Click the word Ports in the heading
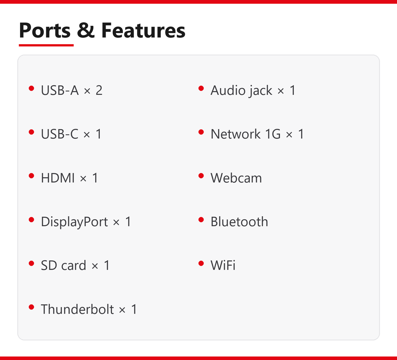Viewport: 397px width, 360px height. click(x=45, y=30)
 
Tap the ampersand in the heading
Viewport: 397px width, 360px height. click(x=86, y=30)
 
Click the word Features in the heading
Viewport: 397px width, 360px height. click(x=143, y=30)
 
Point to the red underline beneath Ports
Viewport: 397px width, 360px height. click(x=46, y=45)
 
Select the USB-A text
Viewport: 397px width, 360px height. click(x=60, y=90)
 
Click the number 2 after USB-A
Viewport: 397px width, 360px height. click(x=99, y=90)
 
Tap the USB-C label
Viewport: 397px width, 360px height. click(x=60, y=134)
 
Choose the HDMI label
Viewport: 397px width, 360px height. click(x=58, y=178)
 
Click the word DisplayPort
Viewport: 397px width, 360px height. click(x=74, y=221)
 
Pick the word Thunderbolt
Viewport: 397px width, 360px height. click(x=77, y=309)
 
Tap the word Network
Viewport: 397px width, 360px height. click(x=235, y=134)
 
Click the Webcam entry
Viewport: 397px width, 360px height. click(x=236, y=178)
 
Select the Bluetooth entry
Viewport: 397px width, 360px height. click(x=239, y=221)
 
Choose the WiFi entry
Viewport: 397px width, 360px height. click(x=223, y=265)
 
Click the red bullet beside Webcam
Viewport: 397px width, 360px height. click(x=201, y=176)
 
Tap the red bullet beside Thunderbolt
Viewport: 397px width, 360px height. click(x=31, y=307)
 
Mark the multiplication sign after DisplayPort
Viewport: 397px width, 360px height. click(x=116, y=223)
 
